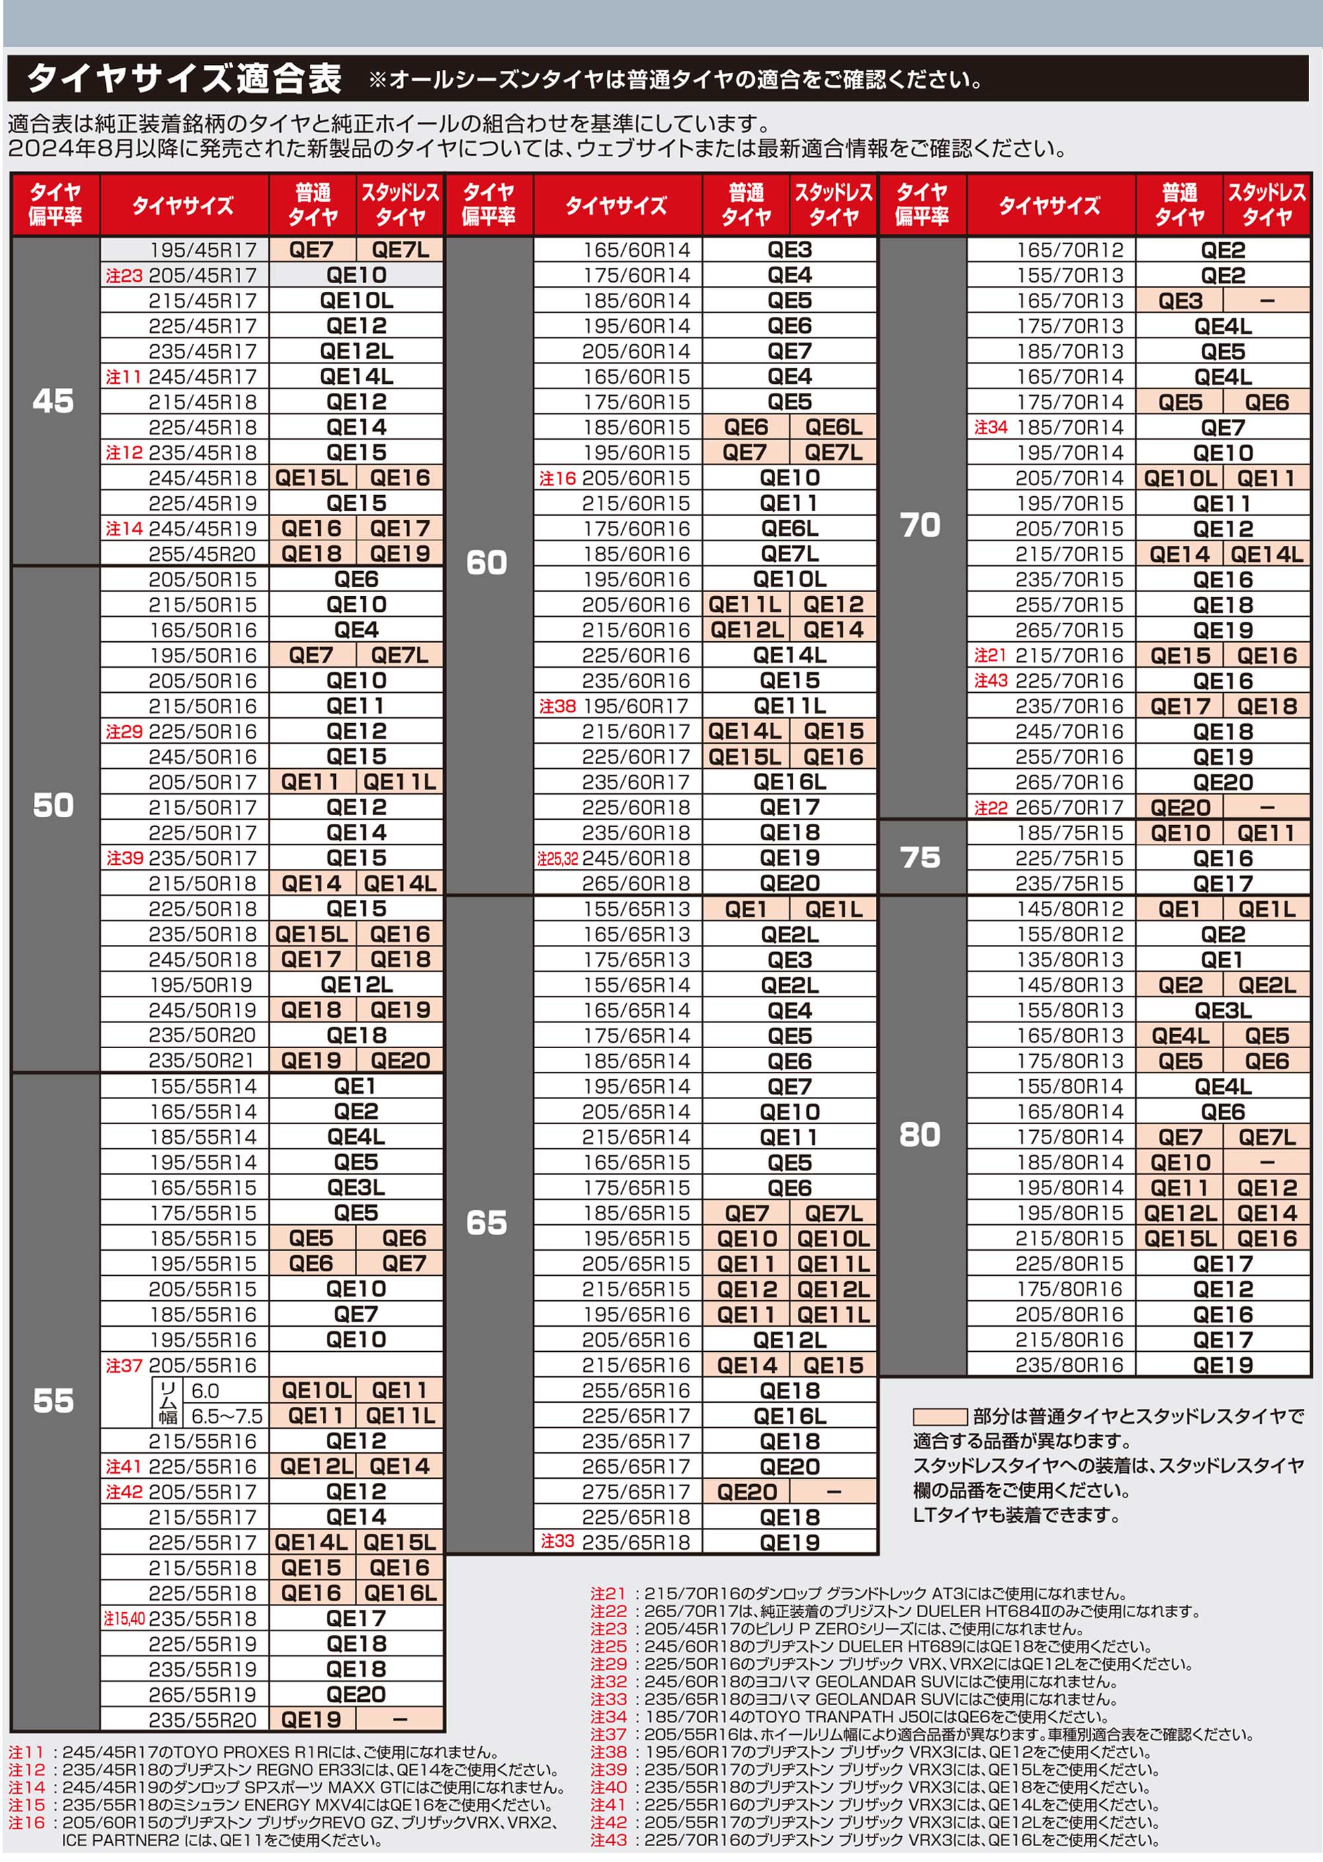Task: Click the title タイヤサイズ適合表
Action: tap(184, 79)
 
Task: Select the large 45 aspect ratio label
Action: tap(54, 400)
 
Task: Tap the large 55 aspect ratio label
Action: tap(54, 1400)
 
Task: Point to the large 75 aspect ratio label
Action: tap(919, 858)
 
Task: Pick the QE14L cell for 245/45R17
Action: tap(356, 377)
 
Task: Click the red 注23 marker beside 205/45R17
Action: tap(124, 275)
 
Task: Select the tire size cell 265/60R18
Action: tap(636, 883)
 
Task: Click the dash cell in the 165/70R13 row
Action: tap(1267, 300)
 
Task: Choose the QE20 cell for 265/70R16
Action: tap(1223, 782)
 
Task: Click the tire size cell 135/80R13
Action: tap(1070, 959)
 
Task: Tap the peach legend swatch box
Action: tap(939, 1416)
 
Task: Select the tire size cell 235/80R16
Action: tap(1070, 1365)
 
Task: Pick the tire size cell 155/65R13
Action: tap(636, 909)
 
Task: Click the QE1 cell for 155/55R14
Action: tap(356, 1086)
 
